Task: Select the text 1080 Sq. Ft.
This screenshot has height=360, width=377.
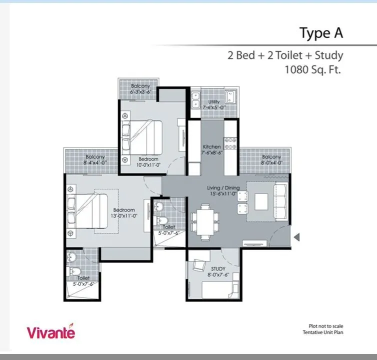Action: click(x=312, y=70)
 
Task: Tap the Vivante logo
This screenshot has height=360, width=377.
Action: click(x=51, y=331)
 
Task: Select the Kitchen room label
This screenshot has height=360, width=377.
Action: click(x=212, y=147)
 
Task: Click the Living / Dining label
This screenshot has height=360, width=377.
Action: click(x=223, y=188)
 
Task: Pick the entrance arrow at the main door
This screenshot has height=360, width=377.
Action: click(x=296, y=238)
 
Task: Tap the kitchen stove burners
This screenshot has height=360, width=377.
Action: click(x=230, y=143)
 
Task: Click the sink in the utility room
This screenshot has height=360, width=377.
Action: click(x=230, y=96)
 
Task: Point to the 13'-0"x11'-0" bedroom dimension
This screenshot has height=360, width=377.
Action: click(x=124, y=216)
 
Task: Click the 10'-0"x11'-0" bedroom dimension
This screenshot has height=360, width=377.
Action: click(x=148, y=165)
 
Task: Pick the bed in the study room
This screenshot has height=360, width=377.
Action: click(x=216, y=290)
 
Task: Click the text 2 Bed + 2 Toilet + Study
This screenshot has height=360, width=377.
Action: click(x=285, y=55)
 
